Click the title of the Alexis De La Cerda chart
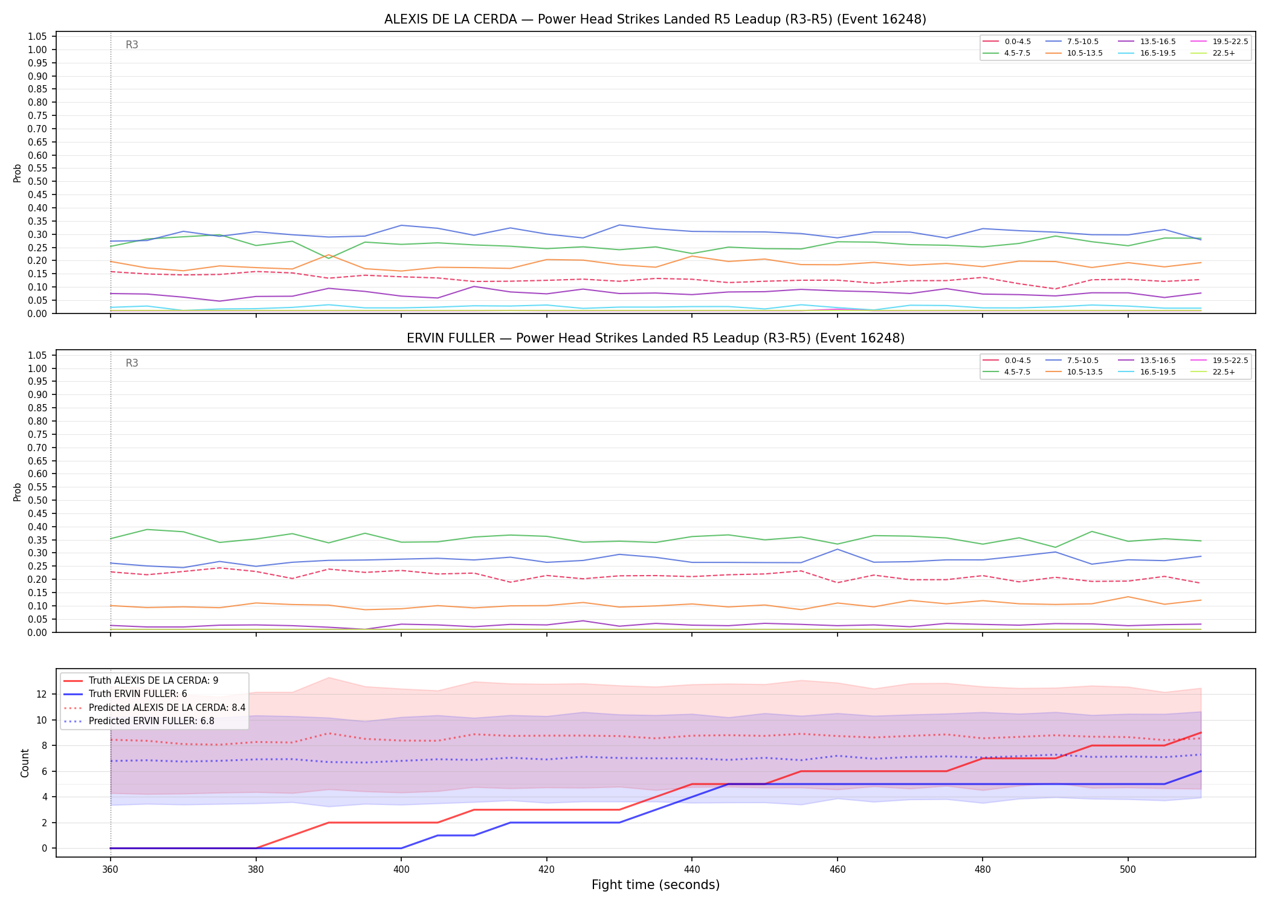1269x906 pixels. click(x=655, y=19)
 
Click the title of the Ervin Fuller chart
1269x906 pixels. click(x=655, y=338)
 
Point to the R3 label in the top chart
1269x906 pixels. click(x=132, y=45)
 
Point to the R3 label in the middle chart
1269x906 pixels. click(x=132, y=363)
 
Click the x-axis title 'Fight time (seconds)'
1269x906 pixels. click(x=656, y=885)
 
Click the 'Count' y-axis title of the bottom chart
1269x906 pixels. click(x=25, y=763)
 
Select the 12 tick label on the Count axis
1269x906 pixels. click(x=42, y=694)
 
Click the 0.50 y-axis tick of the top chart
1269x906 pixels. click(x=38, y=181)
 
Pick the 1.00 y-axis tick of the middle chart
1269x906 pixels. click(x=38, y=368)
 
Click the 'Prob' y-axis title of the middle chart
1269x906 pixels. click(x=18, y=492)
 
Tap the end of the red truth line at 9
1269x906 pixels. click(x=1201, y=733)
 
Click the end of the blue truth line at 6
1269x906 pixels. click(x=1201, y=771)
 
